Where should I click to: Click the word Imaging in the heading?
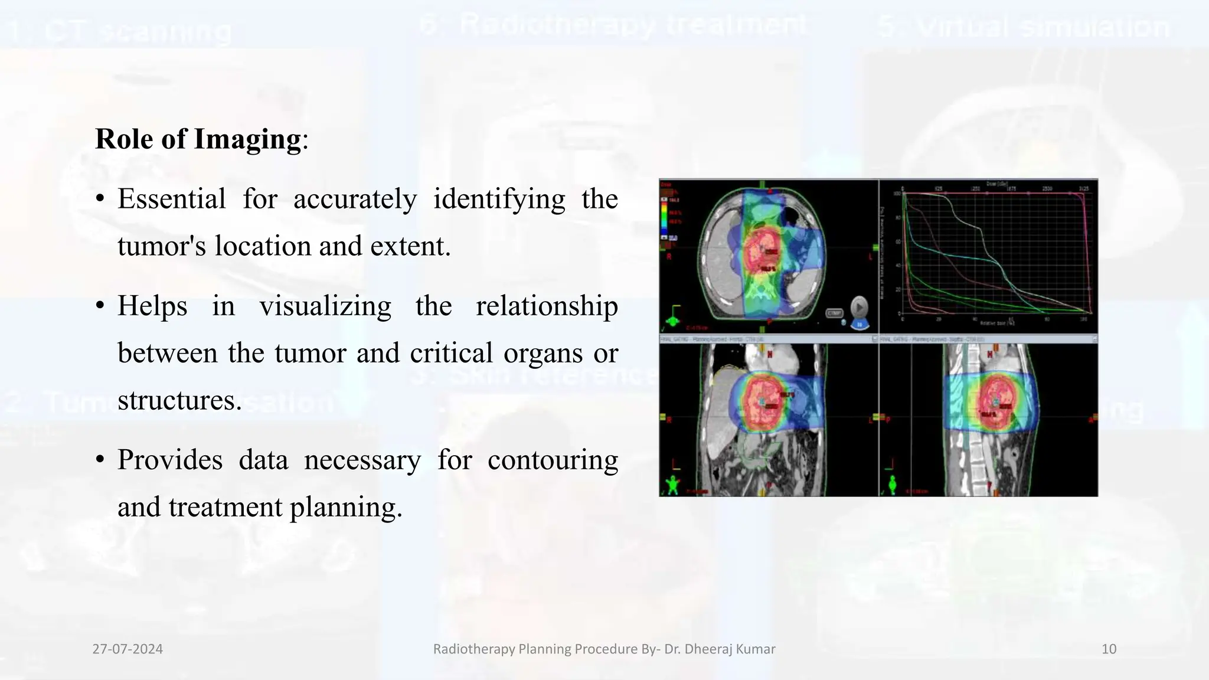tap(247, 139)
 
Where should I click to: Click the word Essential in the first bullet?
tap(171, 199)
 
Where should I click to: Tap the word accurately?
tap(355, 199)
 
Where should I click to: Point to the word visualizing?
tap(325, 306)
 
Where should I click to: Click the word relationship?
tap(547, 306)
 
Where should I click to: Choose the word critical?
tap(451, 353)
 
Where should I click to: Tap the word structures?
tap(179, 400)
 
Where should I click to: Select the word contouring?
tap(553, 460)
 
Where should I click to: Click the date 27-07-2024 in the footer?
tap(128, 649)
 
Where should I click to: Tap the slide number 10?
tap(1109, 649)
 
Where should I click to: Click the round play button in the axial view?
tap(859, 308)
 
